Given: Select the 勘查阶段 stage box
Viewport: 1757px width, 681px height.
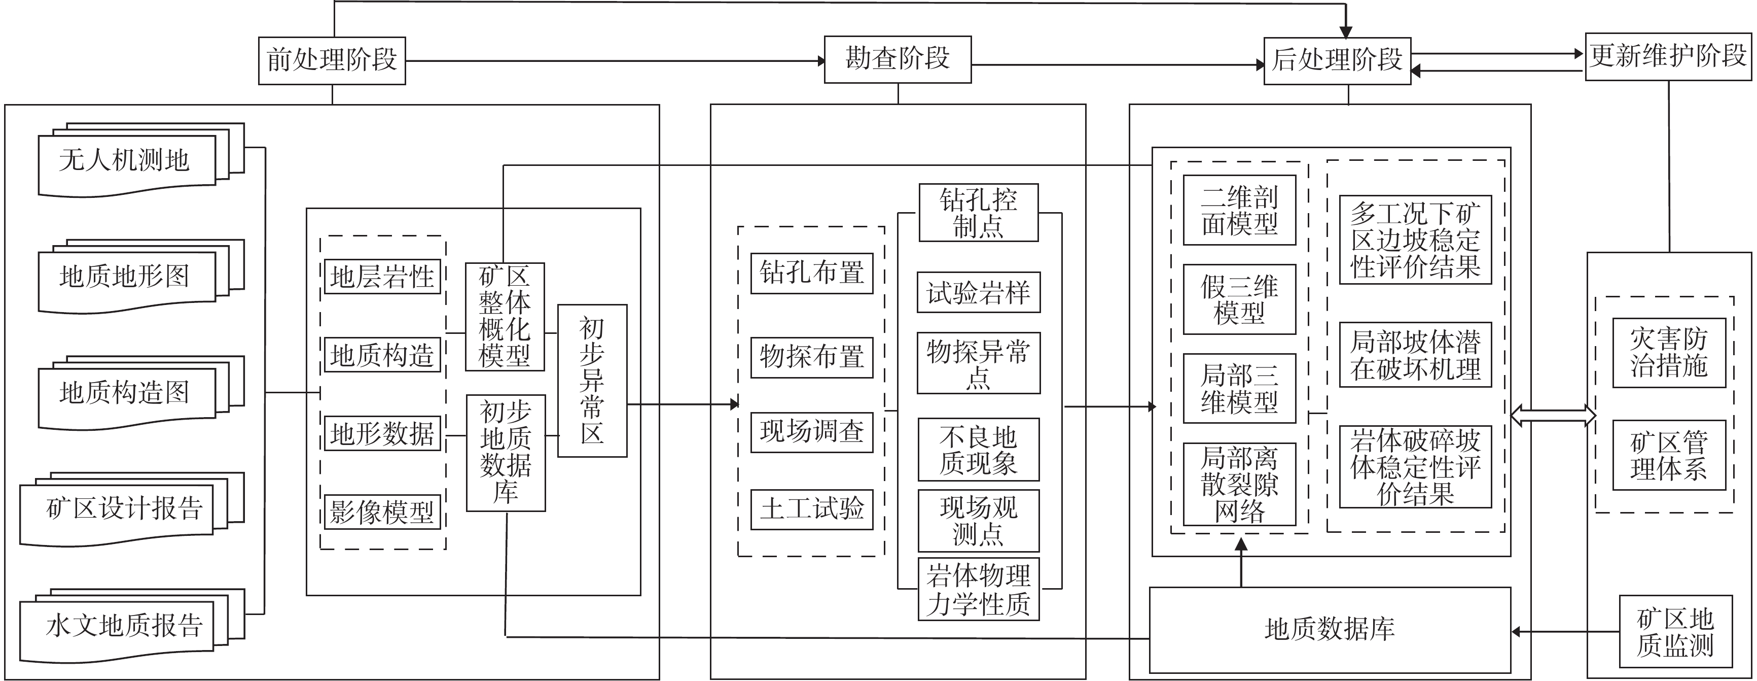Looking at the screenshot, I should (x=897, y=59).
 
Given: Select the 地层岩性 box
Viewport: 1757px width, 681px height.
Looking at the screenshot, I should (x=382, y=277).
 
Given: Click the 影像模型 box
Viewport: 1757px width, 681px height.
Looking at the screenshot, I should (x=382, y=513).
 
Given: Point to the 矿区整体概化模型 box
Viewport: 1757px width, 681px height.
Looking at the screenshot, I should (x=504, y=317).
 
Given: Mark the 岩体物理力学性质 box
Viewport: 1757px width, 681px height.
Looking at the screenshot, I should (x=978, y=590).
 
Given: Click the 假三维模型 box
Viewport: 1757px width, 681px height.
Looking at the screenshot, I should (x=1239, y=299).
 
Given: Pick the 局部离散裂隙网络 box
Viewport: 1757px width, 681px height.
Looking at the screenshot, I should (x=1239, y=485).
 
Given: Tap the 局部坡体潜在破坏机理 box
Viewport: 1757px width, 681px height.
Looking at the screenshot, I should (x=1415, y=355).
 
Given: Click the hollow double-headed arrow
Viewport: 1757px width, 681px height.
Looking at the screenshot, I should (x=1553, y=415).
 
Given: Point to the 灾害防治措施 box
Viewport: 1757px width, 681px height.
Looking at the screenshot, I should (x=1668, y=353).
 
